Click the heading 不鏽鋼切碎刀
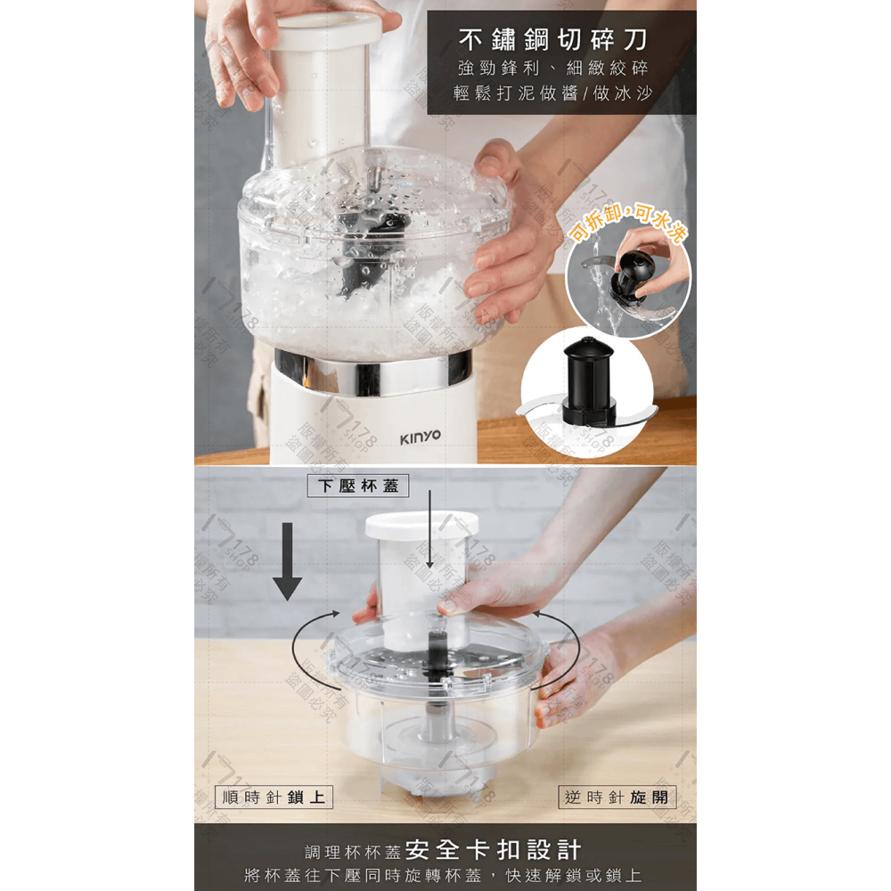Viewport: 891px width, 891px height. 552,40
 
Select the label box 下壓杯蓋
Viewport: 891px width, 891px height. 358,486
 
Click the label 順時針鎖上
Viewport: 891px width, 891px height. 274,797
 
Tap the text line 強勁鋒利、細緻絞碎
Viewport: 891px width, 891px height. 552,69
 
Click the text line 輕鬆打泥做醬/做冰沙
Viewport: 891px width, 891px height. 552,94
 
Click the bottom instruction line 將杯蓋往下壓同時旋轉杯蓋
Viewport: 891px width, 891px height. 445,875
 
